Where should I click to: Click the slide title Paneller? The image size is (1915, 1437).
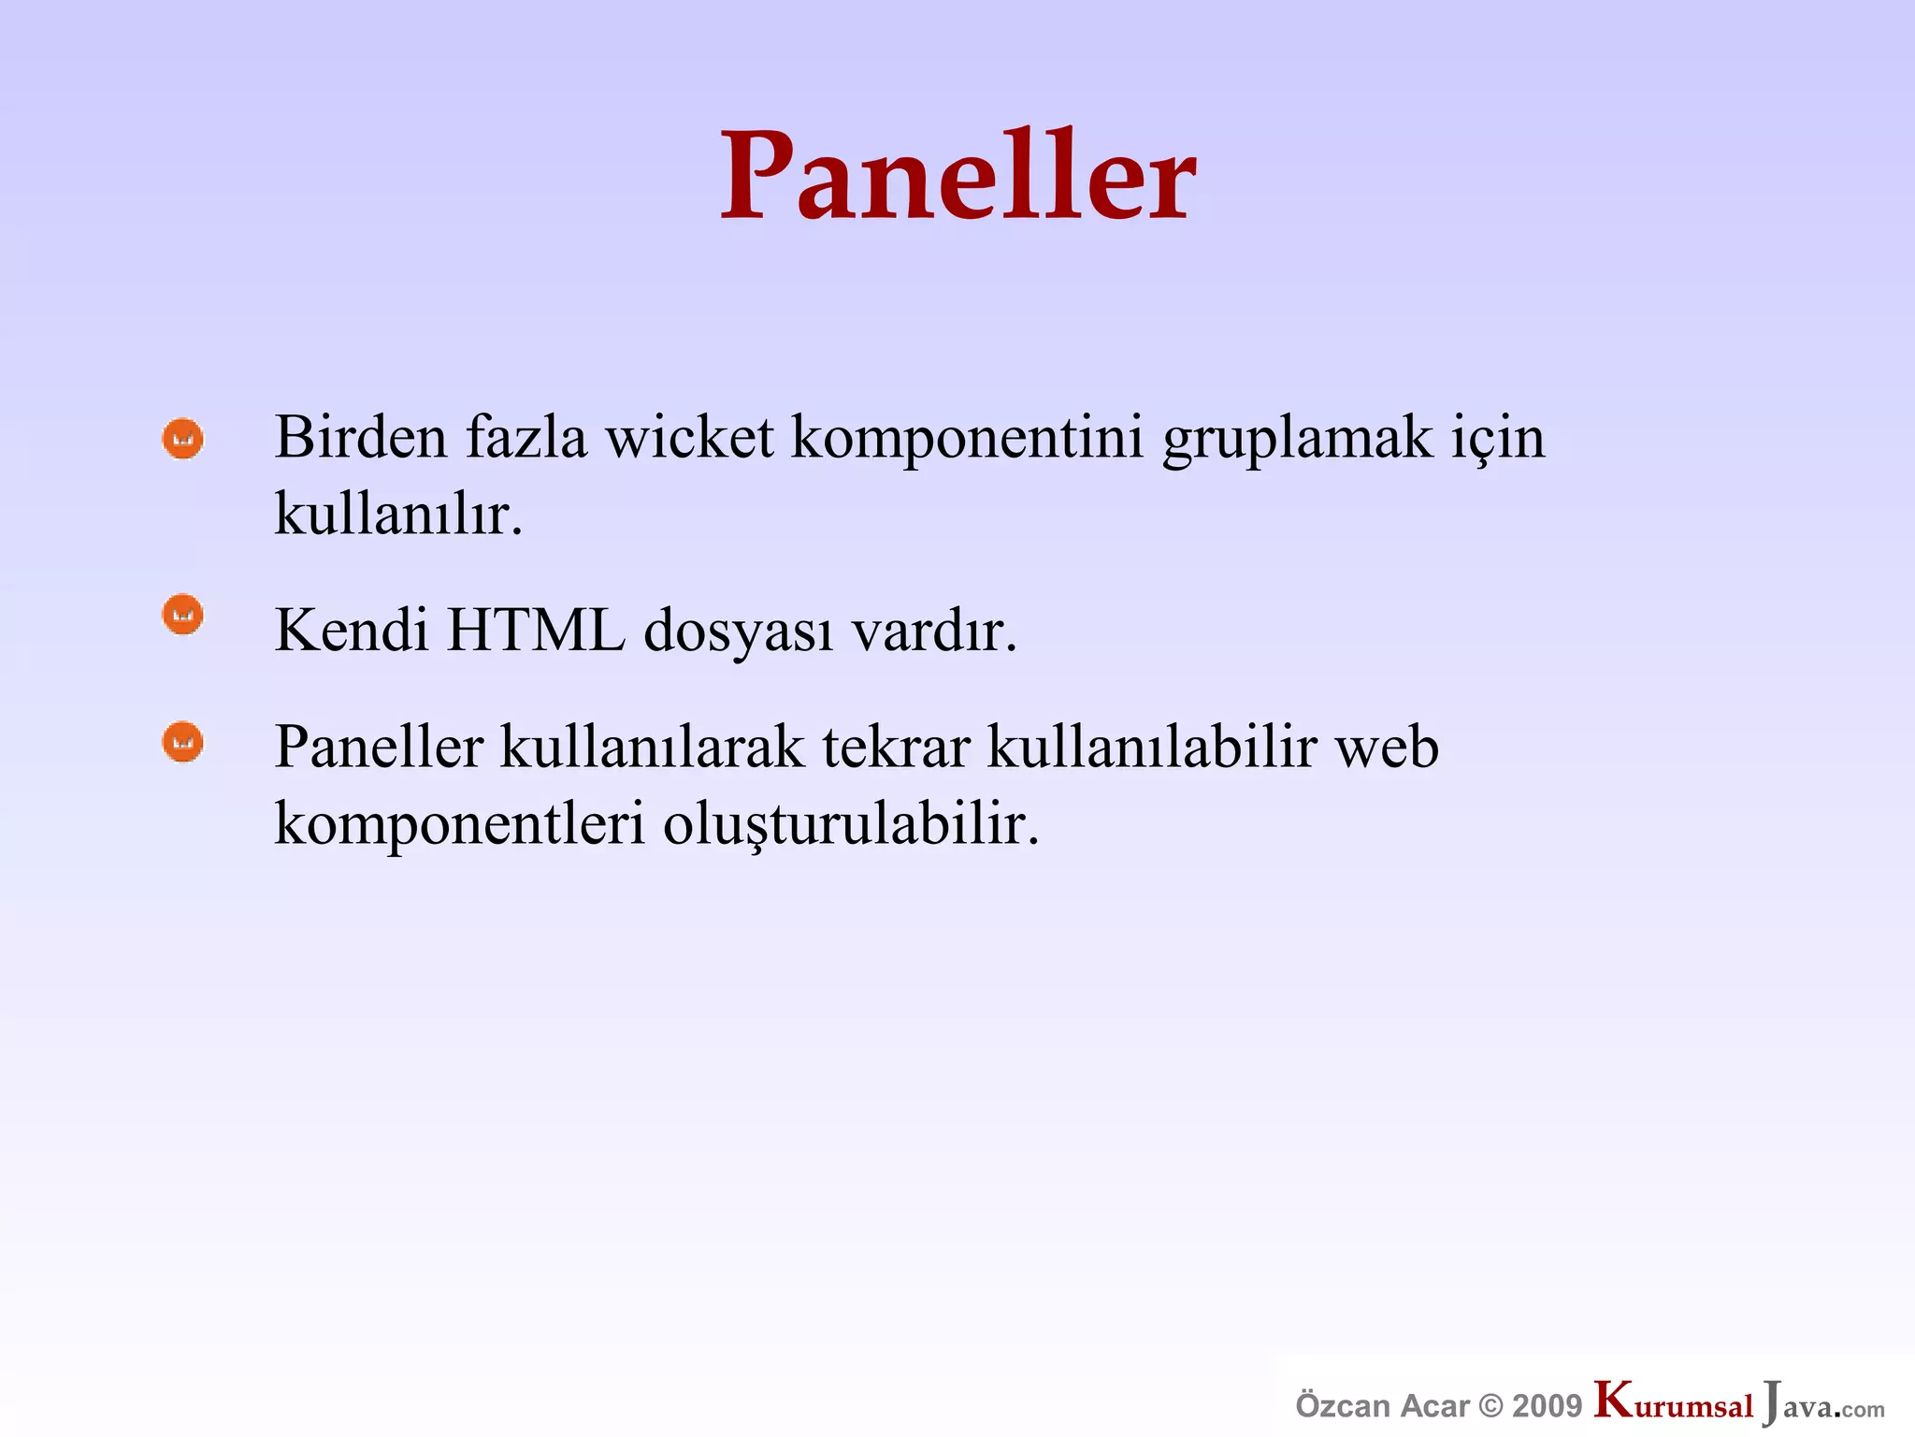click(957, 178)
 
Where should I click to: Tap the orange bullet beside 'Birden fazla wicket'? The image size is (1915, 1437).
click(182, 438)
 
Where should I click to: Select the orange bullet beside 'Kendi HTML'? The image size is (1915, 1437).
click(182, 615)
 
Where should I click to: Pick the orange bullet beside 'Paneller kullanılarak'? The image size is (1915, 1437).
click(182, 742)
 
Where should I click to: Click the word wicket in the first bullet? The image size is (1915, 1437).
click(689, 438)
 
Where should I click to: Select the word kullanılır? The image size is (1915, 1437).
click(397, 515)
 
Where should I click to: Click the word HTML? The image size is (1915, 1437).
click(536, 630)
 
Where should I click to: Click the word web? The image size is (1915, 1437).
click(1386, 748)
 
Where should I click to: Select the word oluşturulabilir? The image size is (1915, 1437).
click(851, 825)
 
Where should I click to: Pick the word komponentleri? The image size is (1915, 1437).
click(459, 825)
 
